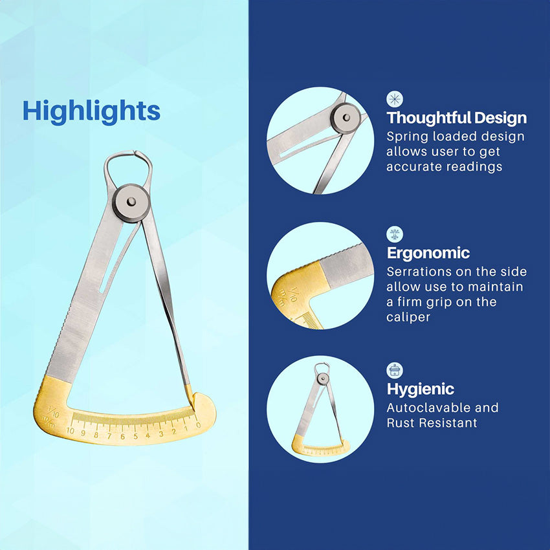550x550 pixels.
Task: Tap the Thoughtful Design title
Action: tap(457, 118)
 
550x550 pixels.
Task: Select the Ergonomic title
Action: tap(428, 253)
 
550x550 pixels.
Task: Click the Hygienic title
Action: tap(420, 389)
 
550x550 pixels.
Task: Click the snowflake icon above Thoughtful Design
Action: tap(395, 99)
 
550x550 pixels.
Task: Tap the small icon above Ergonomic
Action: tap(395, 234)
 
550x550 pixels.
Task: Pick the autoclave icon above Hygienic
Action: tap(395, 370)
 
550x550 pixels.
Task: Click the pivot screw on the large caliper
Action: tap(131, 203)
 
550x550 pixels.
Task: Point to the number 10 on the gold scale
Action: tap(70, 431)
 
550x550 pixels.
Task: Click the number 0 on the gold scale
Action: tap(199, 425)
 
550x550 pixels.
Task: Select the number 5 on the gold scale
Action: tap(135, 436)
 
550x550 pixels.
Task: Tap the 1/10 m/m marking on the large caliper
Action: tap(51, 416)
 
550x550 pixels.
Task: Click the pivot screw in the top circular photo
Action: tap(347, 118)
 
